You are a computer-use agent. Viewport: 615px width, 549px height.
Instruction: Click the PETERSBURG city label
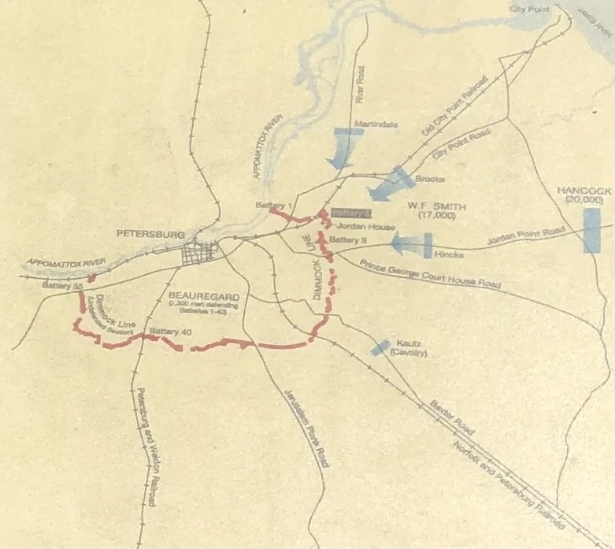coord(150,234)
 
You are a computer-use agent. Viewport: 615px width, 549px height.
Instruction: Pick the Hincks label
coord(446,254)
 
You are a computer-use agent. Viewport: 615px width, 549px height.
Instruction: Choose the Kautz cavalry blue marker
coord(382,346)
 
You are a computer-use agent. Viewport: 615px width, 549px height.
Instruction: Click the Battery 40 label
coord(169,331)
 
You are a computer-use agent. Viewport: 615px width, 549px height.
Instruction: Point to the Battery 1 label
coord(269,205)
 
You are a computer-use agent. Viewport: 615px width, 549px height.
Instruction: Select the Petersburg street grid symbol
coord(200,254)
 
